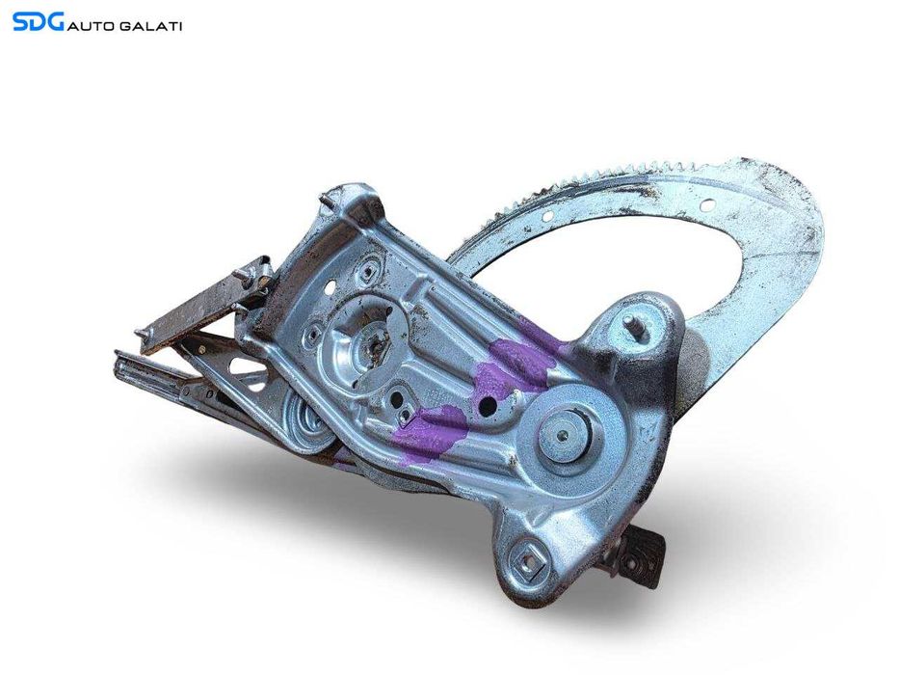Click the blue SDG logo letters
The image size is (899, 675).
tap(38, 22)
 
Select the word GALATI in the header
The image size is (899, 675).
tap(150, 26)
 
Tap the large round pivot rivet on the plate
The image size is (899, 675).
tap(564, 435)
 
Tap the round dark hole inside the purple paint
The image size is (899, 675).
tap(487, 406)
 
